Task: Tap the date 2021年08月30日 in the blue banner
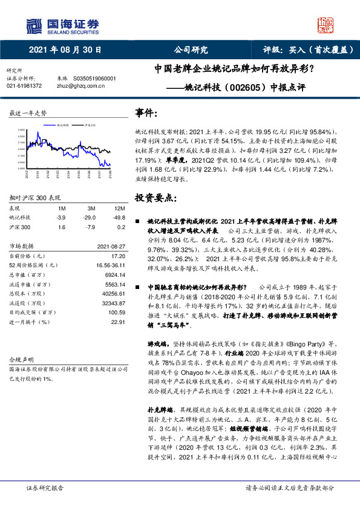click(65, 50)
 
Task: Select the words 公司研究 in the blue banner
click(191, 50)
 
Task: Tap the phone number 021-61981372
click(24, 86)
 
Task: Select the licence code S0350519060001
click(94, 79)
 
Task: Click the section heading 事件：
click(148, 113)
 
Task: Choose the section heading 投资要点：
click(156, 198)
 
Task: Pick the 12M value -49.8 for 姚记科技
click(118, 217)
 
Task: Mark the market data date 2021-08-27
click(111, 246)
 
